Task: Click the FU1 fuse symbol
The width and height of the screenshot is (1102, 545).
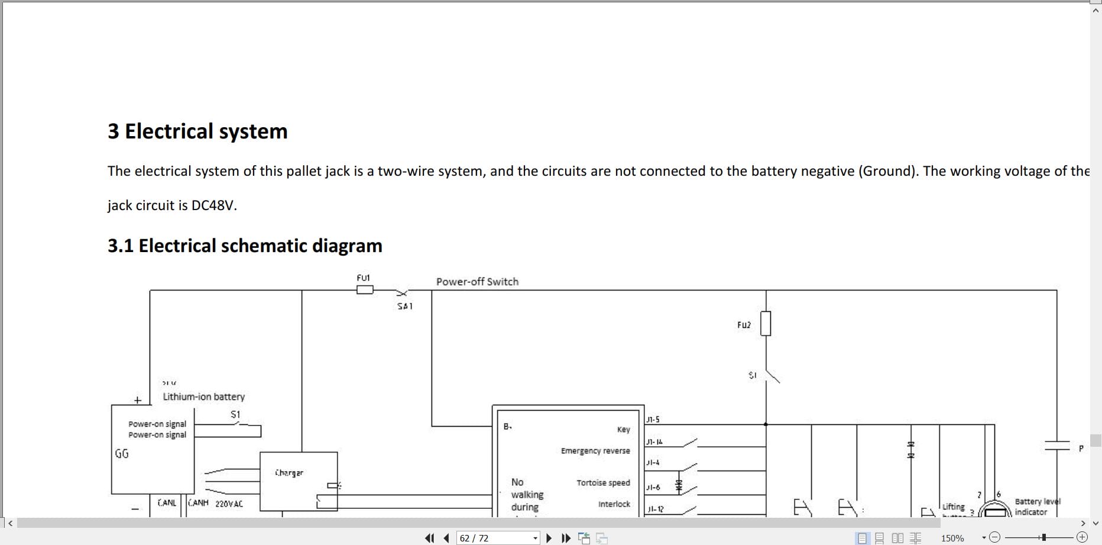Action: [365, 290]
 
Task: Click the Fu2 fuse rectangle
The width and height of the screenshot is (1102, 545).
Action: [766, 324]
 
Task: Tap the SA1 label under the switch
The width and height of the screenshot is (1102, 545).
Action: [405, 306]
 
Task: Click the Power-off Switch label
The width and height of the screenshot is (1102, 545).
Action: [477, 282]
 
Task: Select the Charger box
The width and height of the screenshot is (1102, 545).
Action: [299, 481]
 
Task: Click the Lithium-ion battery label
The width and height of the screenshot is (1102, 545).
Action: [203, 396]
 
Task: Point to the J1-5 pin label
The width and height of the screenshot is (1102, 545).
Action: [653, 420]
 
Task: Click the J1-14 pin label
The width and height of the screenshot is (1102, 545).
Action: [654, 441]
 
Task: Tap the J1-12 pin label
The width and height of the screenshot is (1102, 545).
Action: [655, 509]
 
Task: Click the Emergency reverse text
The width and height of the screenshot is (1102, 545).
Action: [595, 451]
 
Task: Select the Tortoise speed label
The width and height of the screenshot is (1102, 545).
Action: [603, 483]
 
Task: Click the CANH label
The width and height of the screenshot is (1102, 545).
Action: [198, 502]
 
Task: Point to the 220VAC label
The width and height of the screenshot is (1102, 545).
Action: [229, 504]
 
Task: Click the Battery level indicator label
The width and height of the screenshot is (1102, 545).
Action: [1037, 507]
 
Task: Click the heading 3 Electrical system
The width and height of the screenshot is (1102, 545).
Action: [197, 131]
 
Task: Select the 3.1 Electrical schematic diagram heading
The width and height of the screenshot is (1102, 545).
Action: [245, 246]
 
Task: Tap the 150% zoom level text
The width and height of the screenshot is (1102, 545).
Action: [952, 538]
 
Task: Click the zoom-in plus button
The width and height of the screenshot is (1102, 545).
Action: [1082, 537]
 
